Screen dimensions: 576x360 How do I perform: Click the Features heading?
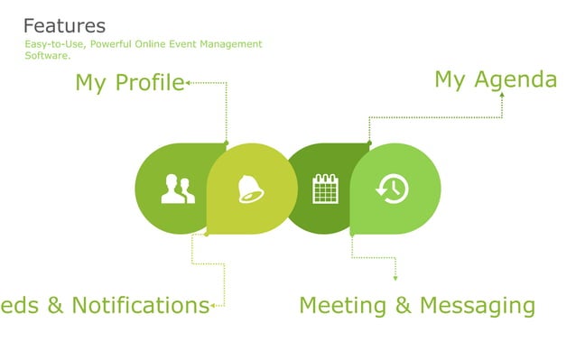click(64, 26)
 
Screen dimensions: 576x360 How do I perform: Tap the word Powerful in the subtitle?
click(124, 44)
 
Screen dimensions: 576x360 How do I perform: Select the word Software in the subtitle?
click(46, 56)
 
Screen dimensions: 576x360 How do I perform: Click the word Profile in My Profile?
click(149, 83)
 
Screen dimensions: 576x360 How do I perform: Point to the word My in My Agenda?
click(450, 79)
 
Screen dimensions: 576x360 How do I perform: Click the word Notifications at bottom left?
click(140, 305)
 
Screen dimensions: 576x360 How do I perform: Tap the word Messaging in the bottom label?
click(477, 306)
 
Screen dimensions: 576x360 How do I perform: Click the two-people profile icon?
click(178, 189)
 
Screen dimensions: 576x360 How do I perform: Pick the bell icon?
click(249, 189)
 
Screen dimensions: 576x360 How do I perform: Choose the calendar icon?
click(325, 189)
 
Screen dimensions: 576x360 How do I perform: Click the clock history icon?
click(393, 189)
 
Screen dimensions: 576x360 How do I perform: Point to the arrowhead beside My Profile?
click(188, 83)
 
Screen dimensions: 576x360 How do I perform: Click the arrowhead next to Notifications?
click(213, 306)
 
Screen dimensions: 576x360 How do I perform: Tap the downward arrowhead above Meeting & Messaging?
click(395, 278)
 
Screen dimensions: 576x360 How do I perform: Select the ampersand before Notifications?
click(55, 305)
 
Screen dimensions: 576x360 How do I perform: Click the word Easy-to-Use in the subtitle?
click(55, 44)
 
